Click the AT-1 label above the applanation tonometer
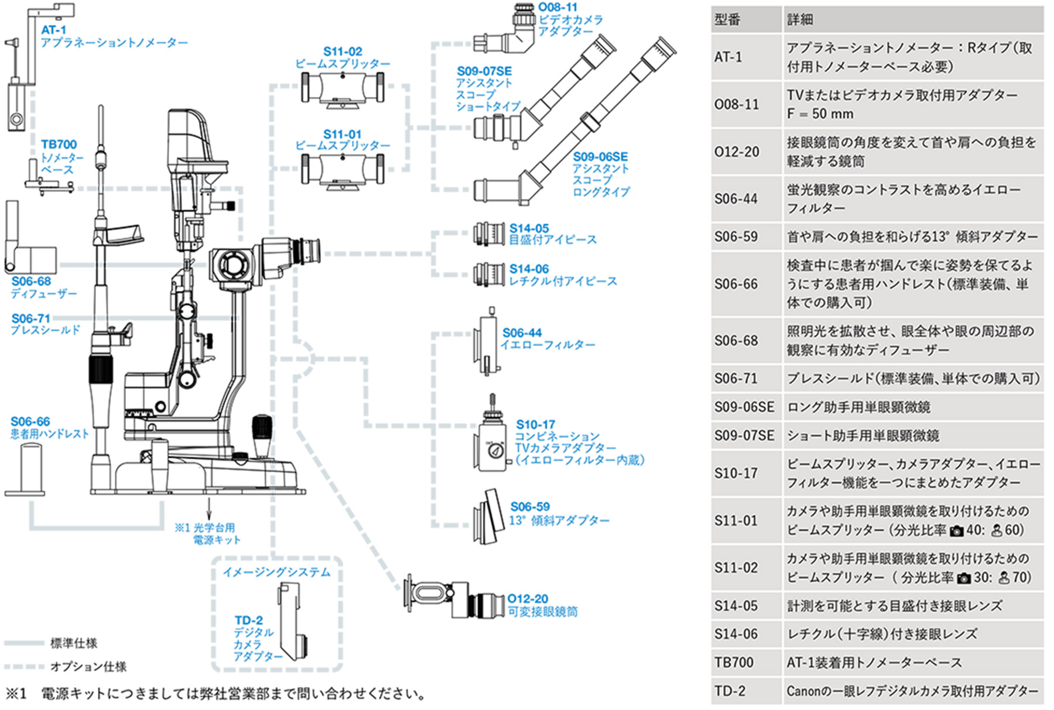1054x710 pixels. click(53, 30)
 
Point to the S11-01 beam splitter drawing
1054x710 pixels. click(343, 172)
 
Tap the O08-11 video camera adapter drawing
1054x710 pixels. click(505, 29)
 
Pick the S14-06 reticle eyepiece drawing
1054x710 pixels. click(490, 274)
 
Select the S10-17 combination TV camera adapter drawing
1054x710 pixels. click(493, 436)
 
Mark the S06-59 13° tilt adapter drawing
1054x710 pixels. click(489, 517)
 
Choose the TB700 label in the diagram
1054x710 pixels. click(59, 144)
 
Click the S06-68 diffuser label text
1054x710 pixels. click(43, 294)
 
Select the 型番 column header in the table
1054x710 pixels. click(727, 19)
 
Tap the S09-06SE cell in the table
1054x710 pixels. click(744, 407)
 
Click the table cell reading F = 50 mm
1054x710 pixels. click(820, 114)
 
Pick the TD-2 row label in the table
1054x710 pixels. click(730, 691)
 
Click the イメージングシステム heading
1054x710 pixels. click(276, 572)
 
